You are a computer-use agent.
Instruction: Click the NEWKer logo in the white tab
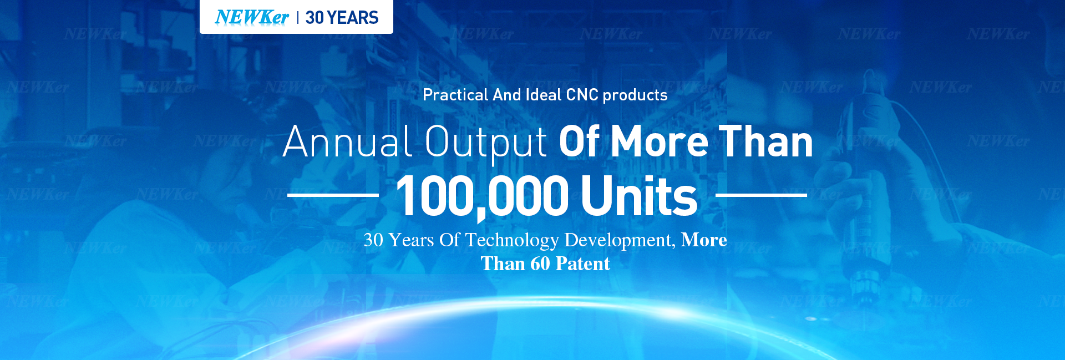click(x=251, y=17)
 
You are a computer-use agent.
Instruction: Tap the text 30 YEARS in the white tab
click(x=342, y=18)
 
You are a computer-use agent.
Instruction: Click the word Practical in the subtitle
click(x=455, y=95)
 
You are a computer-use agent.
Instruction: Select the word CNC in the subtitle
click(x=582, y=95)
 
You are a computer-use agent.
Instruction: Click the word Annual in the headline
click(x=348, y=141)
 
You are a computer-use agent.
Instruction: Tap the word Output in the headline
click(x=486, y=143)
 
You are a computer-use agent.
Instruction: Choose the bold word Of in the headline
click(x=579, y=141)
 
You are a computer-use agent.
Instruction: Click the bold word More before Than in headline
click(x=660, y=141)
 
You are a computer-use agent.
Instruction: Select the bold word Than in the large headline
click(x=766, y=141)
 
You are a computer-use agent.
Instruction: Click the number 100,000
click(x=483, y=196)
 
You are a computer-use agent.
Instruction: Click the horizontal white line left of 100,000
click(x=333, y=195)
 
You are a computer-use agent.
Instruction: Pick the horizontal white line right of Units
click(x=761, y=195)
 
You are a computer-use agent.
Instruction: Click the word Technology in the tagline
click(x=512, y=240)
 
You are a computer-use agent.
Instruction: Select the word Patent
click(x=582, y=263)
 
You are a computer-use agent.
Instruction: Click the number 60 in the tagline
click(x=540, y=263)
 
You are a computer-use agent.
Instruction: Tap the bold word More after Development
click(x=704, y=240)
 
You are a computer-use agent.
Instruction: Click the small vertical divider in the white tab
click(x=298, y=18)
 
